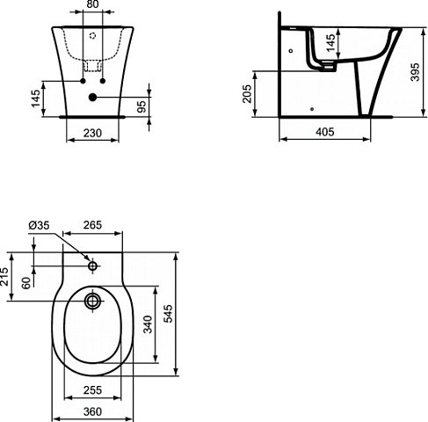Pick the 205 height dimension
[x=248, y=92]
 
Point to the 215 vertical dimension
[x=6, y=276]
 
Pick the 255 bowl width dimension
[x=93, y=390]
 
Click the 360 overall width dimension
[x=93, y=411]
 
